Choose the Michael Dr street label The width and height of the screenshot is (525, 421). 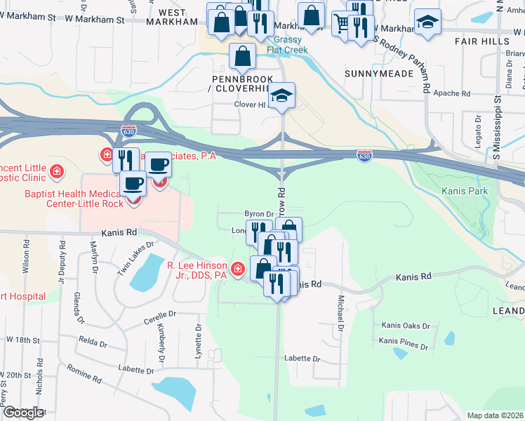pyautogui.click(x=340, y=313)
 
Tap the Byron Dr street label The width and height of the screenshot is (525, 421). pyautogui.click(x=258, y=213)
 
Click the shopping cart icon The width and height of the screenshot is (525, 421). pyautogui.click(x=340, y=23)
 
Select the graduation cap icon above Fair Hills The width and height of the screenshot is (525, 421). pyautogui.click(x=427, y=22)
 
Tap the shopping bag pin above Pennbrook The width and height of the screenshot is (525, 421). pyautogui.click(x=242, y=56)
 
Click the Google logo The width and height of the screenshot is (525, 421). pyautogui.click(x=23, y=413)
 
